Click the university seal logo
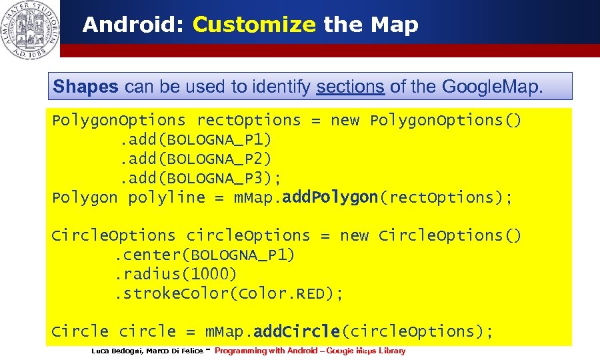tap(29, 29)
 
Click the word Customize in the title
tap(253, 25)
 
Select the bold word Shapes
tap(85, 87)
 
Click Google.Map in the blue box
tap(489, 87)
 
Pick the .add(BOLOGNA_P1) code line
tap(195, 140)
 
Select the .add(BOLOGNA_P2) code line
tap(195, 159)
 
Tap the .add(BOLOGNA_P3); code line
tap(200, 178)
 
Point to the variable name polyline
tap(167, 197)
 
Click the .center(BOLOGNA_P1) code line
tap(205, 255)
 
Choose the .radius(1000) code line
tap(176, 274)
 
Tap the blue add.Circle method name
tap(297, 331)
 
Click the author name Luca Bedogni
tap(116, 351)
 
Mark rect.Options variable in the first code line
tap(248, 121)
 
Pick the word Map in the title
tap(394, 25)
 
